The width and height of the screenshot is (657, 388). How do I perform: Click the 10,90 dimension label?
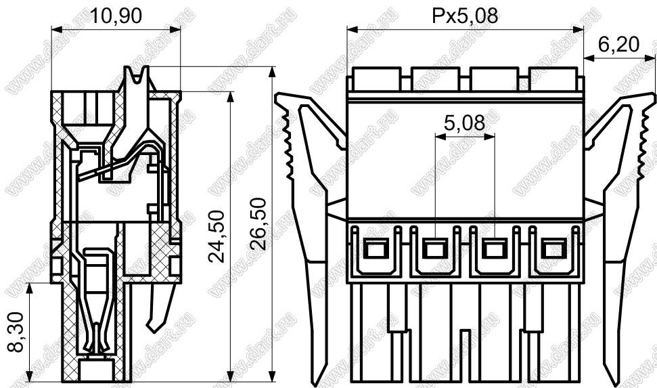116,16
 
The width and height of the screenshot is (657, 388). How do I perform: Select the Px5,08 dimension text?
465,16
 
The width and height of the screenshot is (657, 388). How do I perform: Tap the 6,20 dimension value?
618,45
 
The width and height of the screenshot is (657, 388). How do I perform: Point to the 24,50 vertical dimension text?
217,236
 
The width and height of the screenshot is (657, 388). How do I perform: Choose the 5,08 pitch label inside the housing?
464,123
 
